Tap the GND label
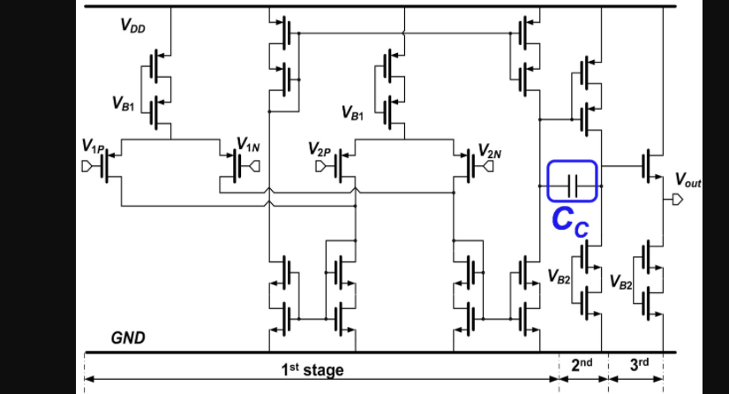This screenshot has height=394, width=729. [128, 338]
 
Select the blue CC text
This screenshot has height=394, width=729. [570, 220]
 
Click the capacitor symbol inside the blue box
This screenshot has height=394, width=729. [572, 186]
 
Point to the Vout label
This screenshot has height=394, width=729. [688, 180]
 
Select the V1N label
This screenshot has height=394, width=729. [248, 145]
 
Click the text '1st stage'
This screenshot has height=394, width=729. [312, 370]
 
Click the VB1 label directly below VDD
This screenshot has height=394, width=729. [124, 102]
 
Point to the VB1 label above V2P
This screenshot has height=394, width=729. [351, 113]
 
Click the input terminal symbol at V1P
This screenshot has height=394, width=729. [87, 164]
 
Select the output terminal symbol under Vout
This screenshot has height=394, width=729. [676, 200]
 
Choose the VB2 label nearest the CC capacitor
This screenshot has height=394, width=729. [558, 277]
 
